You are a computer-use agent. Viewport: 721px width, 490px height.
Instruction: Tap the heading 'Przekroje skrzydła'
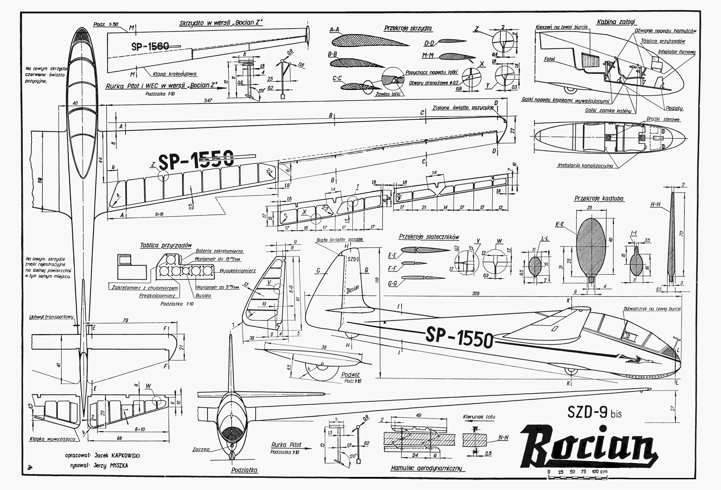point(408,28)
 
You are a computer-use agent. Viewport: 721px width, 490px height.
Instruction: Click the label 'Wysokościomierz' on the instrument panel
point(238,271)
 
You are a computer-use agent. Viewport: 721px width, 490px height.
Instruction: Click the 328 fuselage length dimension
point(475,293)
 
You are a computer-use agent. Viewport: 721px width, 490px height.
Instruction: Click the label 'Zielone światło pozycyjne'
point(463,108)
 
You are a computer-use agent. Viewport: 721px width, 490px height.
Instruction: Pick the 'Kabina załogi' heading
point(616,22)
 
